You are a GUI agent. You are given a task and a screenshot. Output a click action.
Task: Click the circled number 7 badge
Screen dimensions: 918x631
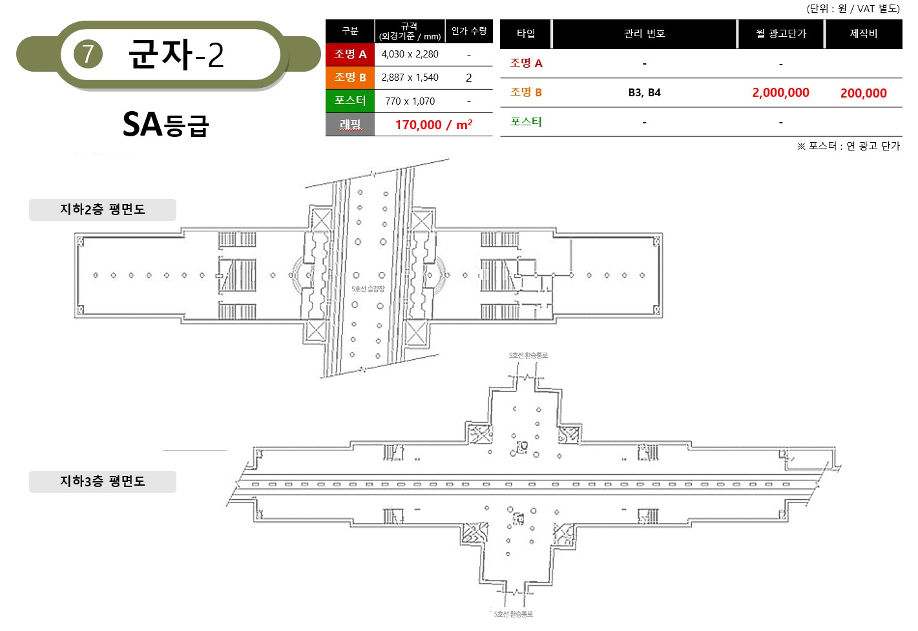click(x=88, y=54)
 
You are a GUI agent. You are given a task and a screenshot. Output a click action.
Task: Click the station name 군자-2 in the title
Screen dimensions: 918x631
click(x=176, y=54)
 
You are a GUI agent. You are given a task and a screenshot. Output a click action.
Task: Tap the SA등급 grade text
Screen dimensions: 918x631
click(x=166, y=124)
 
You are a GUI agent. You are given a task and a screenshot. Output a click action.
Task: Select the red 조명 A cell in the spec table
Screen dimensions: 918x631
click(x=350, y=54)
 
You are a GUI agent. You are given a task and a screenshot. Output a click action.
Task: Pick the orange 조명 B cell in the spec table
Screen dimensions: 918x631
click(x=350, y=78)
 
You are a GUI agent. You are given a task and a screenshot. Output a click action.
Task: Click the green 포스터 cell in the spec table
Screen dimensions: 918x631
click(x=350, y=101)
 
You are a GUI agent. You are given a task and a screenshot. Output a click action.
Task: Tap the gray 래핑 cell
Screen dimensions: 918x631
click(x=350, y=124)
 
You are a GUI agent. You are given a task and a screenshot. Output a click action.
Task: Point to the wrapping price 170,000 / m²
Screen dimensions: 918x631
click(x=433, y=125)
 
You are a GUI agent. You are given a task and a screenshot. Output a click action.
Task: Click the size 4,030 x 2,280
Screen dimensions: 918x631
click(x=410, y=54)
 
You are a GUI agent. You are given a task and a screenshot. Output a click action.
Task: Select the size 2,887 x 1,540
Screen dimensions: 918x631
click(x=410, y=78)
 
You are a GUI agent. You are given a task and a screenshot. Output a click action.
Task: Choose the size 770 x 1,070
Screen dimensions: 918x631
click(x=410, y=101)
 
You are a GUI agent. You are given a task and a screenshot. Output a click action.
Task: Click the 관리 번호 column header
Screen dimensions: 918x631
click(x=644, y=34)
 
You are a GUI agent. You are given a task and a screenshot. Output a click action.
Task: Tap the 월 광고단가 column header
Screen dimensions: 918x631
click(x=780, y=34)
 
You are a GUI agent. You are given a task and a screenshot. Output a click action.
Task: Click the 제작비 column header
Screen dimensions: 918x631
click(x=864, y=34)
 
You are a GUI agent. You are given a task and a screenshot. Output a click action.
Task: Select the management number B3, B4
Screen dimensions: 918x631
click(x=644, y=92)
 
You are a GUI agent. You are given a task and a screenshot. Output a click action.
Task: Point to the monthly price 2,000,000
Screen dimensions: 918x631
click(x=780, y=92)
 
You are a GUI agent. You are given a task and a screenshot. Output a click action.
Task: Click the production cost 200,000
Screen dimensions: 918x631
click(x=864, y=93)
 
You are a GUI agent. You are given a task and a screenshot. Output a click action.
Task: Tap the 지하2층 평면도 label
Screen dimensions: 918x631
click(x=103, y=209)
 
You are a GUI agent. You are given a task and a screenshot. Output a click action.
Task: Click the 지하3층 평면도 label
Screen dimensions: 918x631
click(x=103, y=481)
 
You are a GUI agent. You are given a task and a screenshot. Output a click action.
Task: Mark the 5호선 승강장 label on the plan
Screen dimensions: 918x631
click(x=368, y=289)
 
